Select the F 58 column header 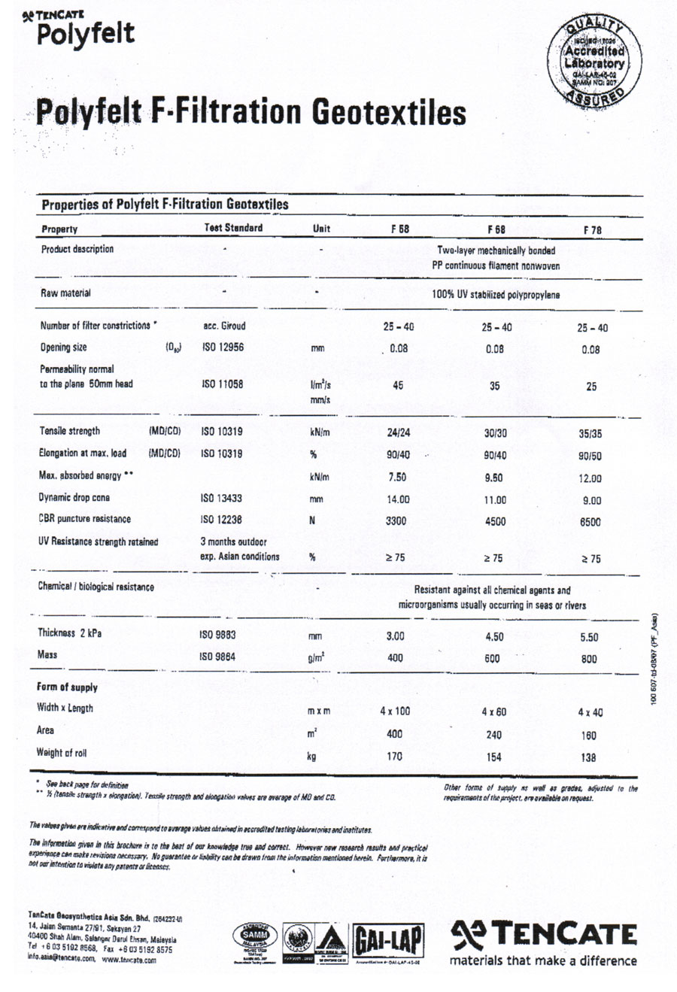(x=399, y=229)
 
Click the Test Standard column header (x=233, y=228)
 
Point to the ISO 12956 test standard (x=223, y=347)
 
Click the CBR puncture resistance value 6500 (x=590, y=522)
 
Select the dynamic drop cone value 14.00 (x=398, y=499)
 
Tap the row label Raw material (x=65, y=293)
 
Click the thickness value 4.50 (x=494, y=637)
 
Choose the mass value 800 (x=589, y=659)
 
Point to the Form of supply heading (x=67, y=687)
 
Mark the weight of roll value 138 (x=588, y=757)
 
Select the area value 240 (x=493, y=735)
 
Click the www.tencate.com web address (x=129, y=960)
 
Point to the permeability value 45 (x=398, y=385)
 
